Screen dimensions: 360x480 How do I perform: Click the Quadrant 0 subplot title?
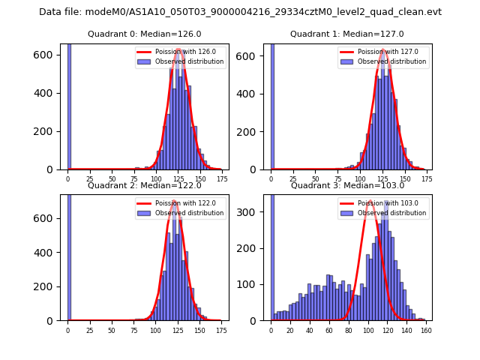point(144,34)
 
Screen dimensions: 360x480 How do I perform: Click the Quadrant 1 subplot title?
point(346,34)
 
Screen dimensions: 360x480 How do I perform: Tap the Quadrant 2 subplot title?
point(144,185)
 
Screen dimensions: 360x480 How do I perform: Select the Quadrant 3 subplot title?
point(346,185)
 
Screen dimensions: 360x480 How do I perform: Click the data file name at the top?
point(240,12)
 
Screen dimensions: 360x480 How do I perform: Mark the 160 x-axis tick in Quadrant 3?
point(426,329)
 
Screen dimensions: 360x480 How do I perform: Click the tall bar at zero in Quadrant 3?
point(272,255)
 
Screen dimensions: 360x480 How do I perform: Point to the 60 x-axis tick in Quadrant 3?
point(329,329)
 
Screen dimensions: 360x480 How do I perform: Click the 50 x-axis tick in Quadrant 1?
point(315,179)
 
